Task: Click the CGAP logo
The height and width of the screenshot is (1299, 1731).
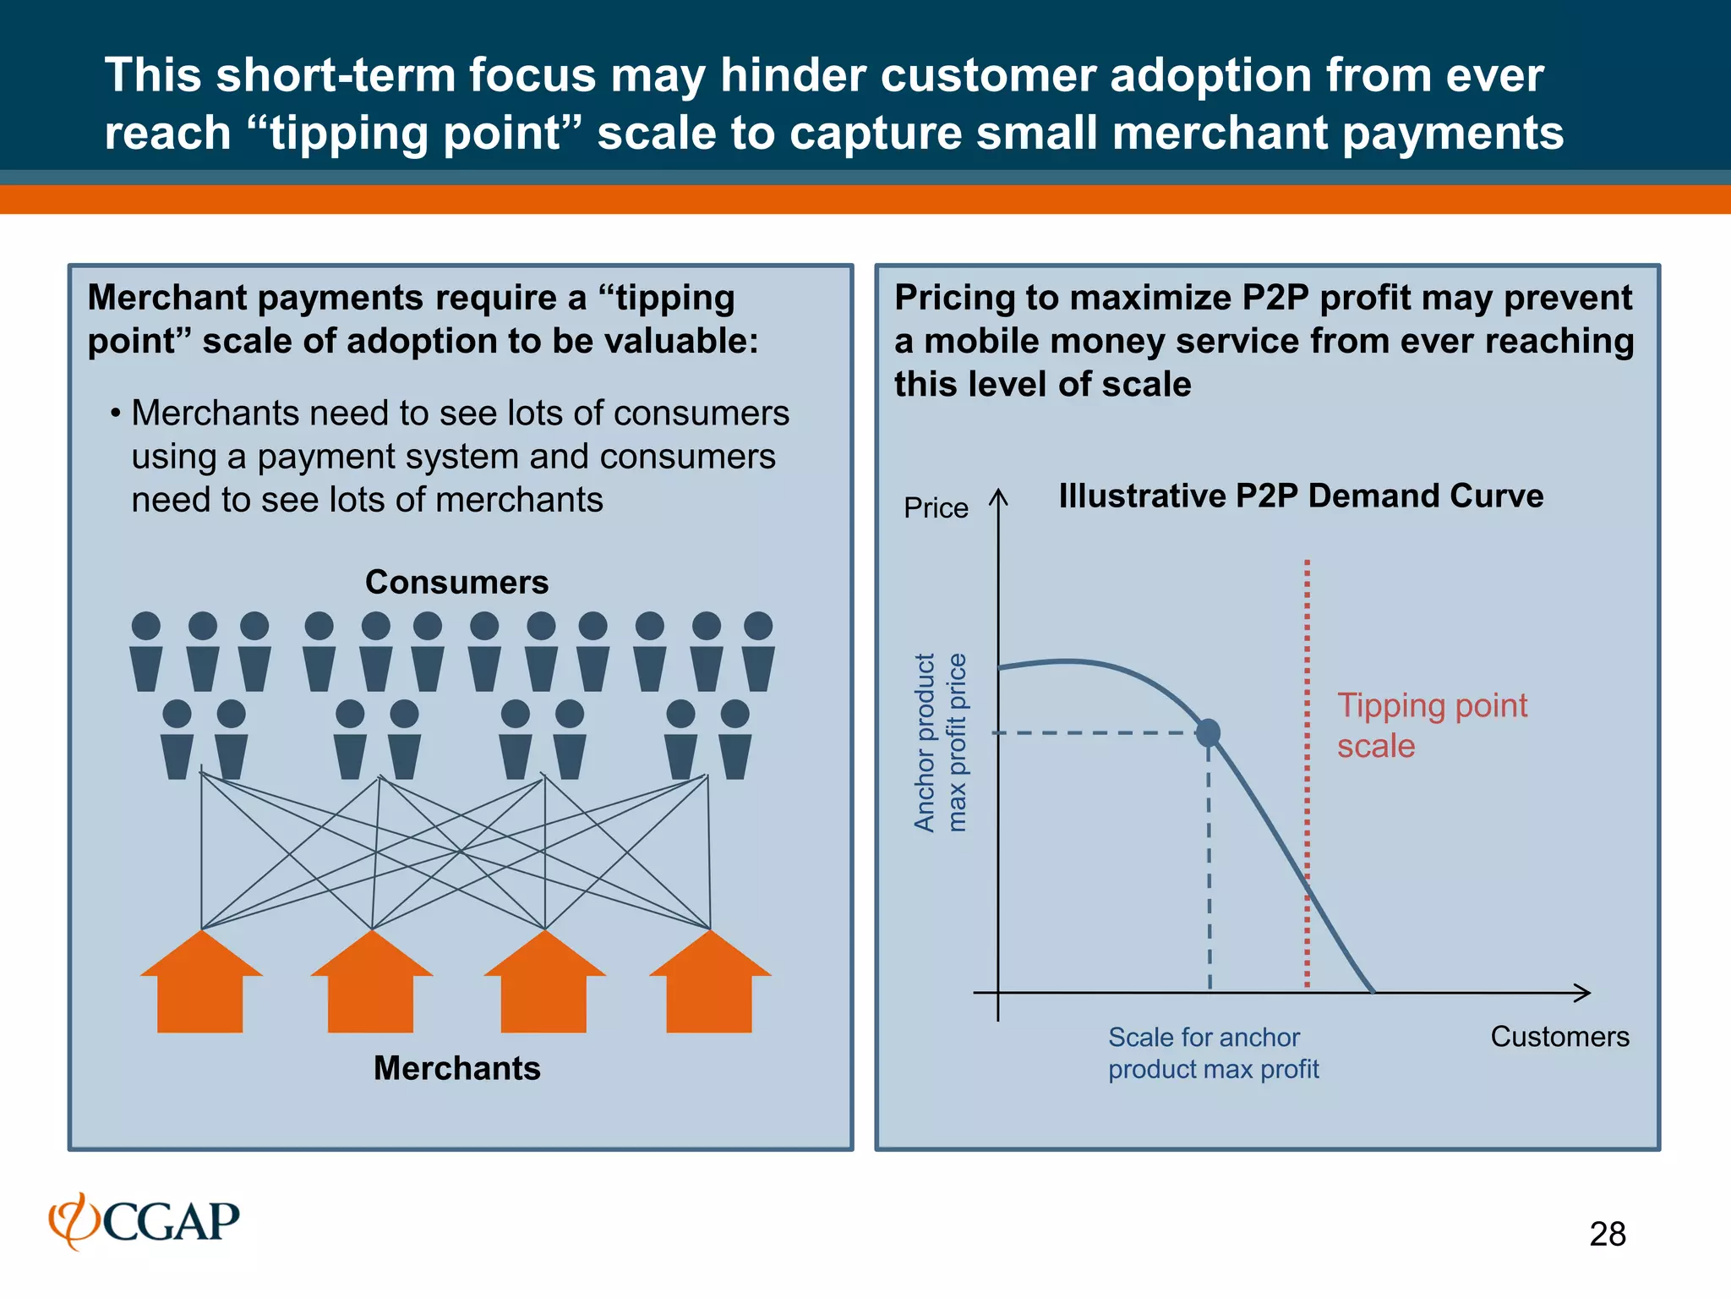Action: (x=145, y=1221)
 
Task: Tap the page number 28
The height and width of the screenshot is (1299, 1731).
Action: (x=1607, y=1234)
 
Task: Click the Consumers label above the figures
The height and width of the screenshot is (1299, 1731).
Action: (x=456, y=582)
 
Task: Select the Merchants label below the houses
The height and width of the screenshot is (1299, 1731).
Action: (x=456, y=1068)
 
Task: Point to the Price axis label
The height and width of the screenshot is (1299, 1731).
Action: (x=936, y=507)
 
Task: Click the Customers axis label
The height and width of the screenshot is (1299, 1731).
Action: (x=1559, y=1036)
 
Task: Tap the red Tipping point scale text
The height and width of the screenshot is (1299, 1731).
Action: (x=1431, y=726)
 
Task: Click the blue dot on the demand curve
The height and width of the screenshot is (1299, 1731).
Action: (x=1209, y=732)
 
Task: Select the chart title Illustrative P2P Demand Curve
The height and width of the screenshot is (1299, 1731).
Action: (x=1301, y=496)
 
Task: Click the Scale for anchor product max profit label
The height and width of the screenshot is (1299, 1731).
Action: (x=1213, y=1053)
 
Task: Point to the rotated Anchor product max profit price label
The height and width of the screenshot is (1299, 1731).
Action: (x=940, y=743)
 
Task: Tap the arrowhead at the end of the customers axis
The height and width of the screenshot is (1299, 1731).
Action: (x=1584, y=993)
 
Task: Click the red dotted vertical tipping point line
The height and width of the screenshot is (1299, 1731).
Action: (x=1307, y=761)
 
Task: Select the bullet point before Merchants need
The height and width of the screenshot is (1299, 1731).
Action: (x=114, y=414)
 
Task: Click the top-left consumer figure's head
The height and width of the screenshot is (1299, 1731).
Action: (x=146, y=626)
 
